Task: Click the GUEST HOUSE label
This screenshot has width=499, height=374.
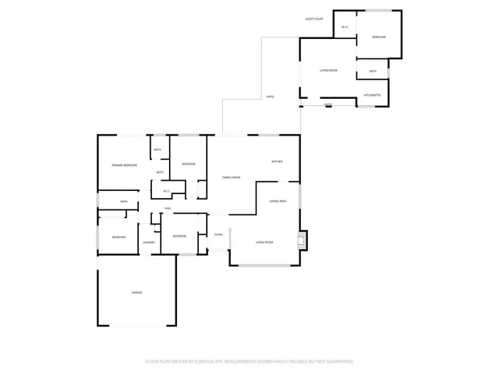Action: pos(314,18)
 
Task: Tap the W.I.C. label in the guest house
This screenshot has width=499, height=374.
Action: pos(345,29)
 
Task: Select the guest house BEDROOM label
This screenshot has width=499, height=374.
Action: pos(379,37)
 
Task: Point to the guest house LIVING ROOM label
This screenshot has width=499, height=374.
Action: pos(328,71)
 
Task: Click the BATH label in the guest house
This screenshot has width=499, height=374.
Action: pos(373,72)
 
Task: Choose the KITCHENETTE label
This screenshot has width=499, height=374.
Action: pos(373,95)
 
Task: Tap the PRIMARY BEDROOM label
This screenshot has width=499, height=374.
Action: pos(125,165)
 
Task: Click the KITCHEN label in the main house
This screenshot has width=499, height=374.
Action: pos(277,161)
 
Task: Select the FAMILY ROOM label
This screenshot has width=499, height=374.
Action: pos(231,178)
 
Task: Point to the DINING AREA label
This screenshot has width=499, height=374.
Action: pos(278,202)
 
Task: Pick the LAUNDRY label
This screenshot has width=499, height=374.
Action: pos(148,242)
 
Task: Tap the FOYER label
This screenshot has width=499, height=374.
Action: pos(218,235)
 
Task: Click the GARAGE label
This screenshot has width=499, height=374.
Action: pos(136,292)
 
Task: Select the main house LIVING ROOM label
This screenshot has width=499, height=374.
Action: pos(264,242)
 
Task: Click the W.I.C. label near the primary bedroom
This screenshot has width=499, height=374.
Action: pos(166,191)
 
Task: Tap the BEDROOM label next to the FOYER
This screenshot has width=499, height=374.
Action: pos(179,236)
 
